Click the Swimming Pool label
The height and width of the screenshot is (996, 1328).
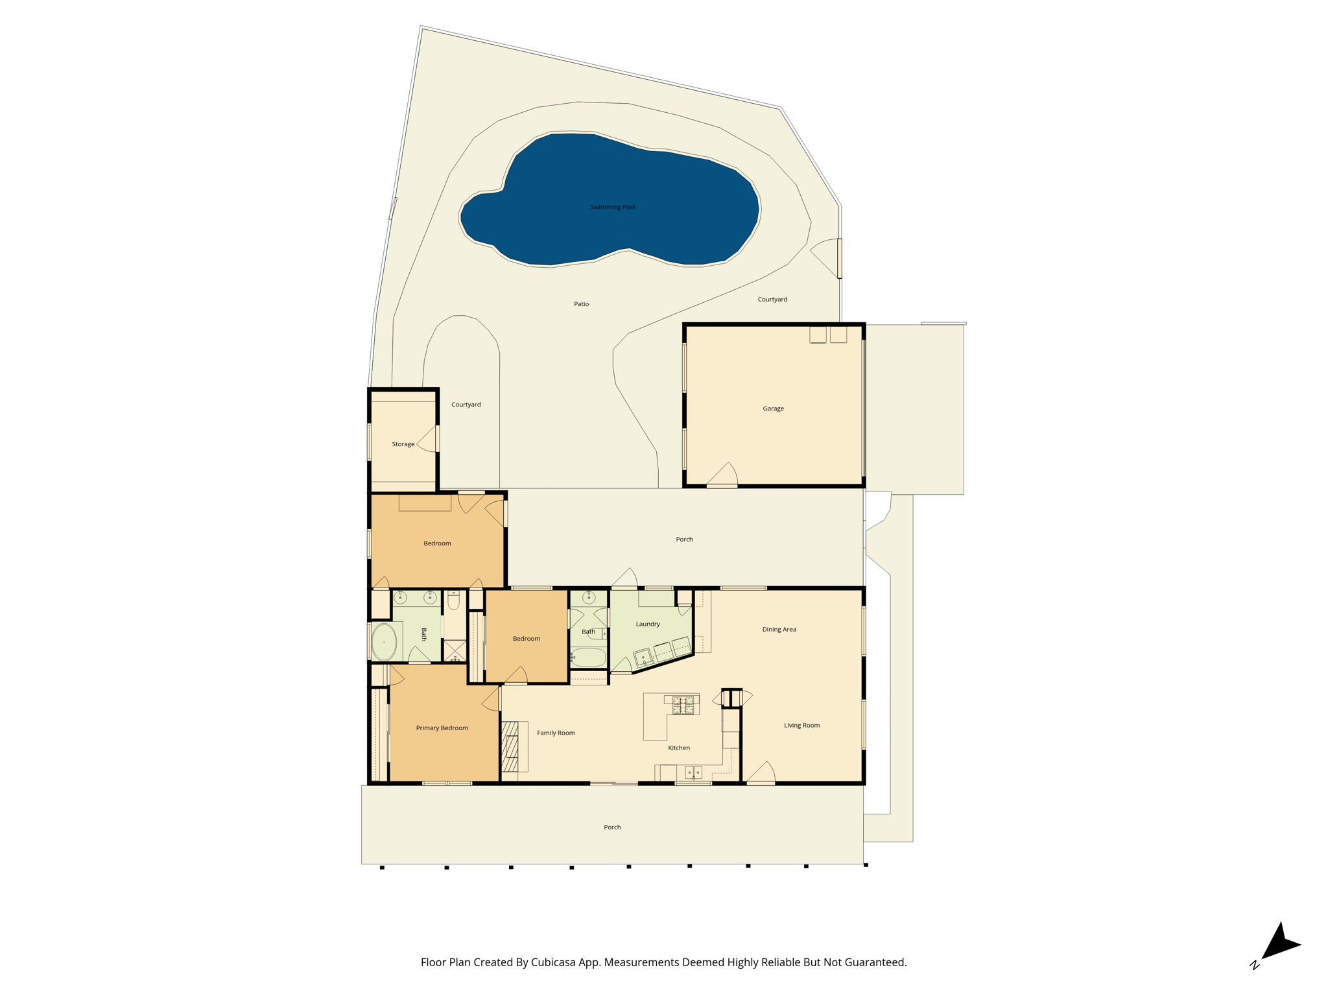tap(612, 207)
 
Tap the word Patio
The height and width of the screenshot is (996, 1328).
tap(581, 304)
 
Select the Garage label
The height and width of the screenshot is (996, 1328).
tap(773, 409)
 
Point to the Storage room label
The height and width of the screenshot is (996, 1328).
tap(403, 444)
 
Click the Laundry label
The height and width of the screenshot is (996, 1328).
tap(647, 624)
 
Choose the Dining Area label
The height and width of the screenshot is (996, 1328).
tap(779, 629)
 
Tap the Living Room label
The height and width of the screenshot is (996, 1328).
tap(801, 725)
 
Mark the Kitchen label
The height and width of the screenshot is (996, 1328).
tap(679, 748)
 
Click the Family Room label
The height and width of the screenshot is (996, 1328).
tap(556, 733)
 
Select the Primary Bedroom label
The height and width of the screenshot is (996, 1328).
tap(442, 728)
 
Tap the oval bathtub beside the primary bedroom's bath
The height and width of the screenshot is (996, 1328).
tap(384, 642)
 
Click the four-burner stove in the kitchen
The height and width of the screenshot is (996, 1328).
tap(683, 705)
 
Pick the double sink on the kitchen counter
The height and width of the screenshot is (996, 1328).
tap(693, 772)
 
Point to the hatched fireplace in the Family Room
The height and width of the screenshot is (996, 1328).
tap(510, 746)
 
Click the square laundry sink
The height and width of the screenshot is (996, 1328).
tap(643, 658)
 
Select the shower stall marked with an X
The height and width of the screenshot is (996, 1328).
tap(455, 650)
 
